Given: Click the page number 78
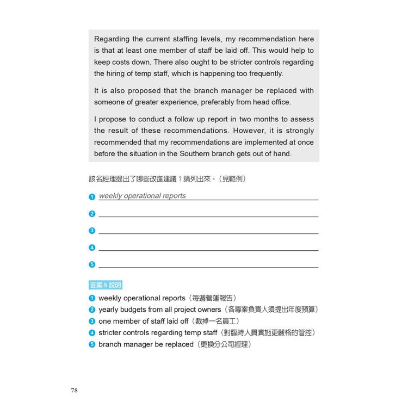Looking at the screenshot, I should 74,390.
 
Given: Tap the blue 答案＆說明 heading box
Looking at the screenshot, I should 106,285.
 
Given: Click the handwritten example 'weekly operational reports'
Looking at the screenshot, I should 142,196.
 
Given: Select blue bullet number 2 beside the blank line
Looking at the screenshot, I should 92,214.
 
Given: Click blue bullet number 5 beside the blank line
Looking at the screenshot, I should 92,265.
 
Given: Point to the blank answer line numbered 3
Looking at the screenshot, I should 208,232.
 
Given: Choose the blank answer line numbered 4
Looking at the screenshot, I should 208,249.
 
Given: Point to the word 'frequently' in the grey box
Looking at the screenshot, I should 264,73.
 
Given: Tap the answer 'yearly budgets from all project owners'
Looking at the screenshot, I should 160,310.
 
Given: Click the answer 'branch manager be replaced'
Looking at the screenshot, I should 146,344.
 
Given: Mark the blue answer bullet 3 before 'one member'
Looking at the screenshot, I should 92,321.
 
